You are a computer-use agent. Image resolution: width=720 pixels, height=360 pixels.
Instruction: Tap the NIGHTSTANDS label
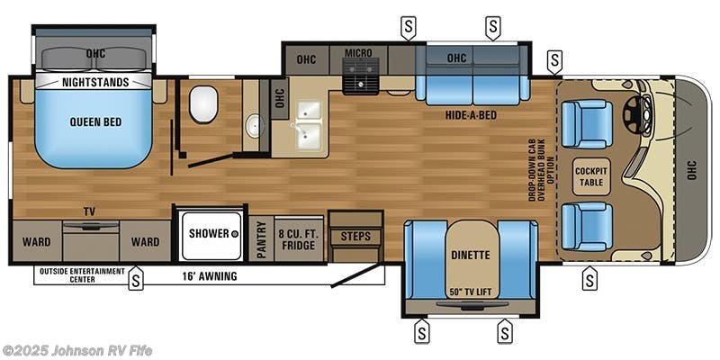[94, 82]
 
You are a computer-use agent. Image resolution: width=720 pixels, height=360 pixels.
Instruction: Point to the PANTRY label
[261, 239]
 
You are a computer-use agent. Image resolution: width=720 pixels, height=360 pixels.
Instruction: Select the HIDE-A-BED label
[471, 115]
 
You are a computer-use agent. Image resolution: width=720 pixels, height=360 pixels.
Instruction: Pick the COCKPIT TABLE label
[591, 175]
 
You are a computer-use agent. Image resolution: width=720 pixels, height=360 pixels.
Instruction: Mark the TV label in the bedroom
[89, 212]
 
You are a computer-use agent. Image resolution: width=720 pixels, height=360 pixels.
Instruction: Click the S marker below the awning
[137, 280]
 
